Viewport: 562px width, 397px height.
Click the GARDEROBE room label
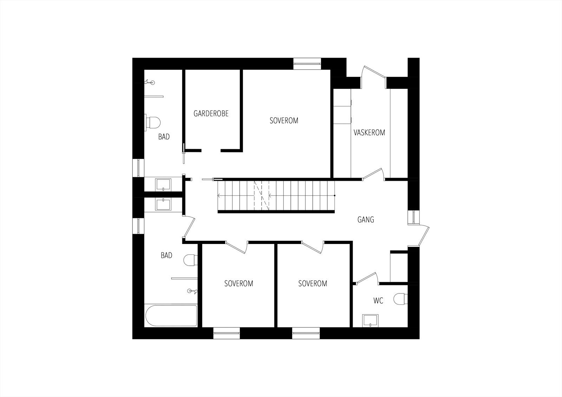coord(211,113)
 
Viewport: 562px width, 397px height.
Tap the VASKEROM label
coord(369,133)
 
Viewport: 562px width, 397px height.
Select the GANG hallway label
coord(366,220)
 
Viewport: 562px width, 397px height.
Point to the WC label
coord(378,300)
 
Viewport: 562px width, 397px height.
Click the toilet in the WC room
coord(400,299)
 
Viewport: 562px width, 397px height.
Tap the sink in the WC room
coord(370,320)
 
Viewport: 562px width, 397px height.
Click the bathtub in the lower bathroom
coord(171,316)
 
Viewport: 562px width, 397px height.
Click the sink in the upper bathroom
coord(163,185)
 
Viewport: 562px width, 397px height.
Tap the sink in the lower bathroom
coord(163,204)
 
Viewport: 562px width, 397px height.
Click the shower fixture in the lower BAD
coord(191,291)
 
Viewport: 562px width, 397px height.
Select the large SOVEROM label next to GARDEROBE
coord(284,120)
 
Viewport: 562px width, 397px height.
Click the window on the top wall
coord(307,64)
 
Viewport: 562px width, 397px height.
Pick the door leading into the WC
coord(366,277)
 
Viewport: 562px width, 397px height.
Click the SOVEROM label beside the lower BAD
coord(239,283)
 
